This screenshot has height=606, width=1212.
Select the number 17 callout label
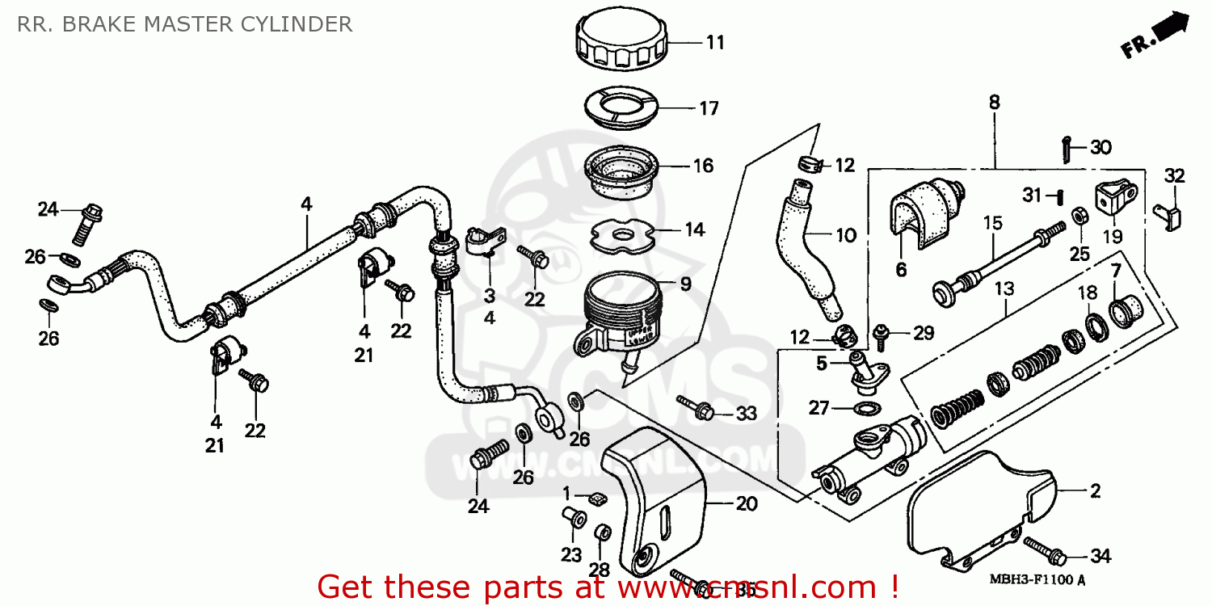tap(709, 108)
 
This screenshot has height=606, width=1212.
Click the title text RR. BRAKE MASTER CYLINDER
tap(185, 24)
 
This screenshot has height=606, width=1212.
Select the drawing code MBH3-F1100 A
tap(1037, 580)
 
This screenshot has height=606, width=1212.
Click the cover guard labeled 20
tap(654, 501)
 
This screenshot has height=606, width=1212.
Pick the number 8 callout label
tap(994, 103)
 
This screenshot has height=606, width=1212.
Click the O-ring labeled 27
tap(866, 406)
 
